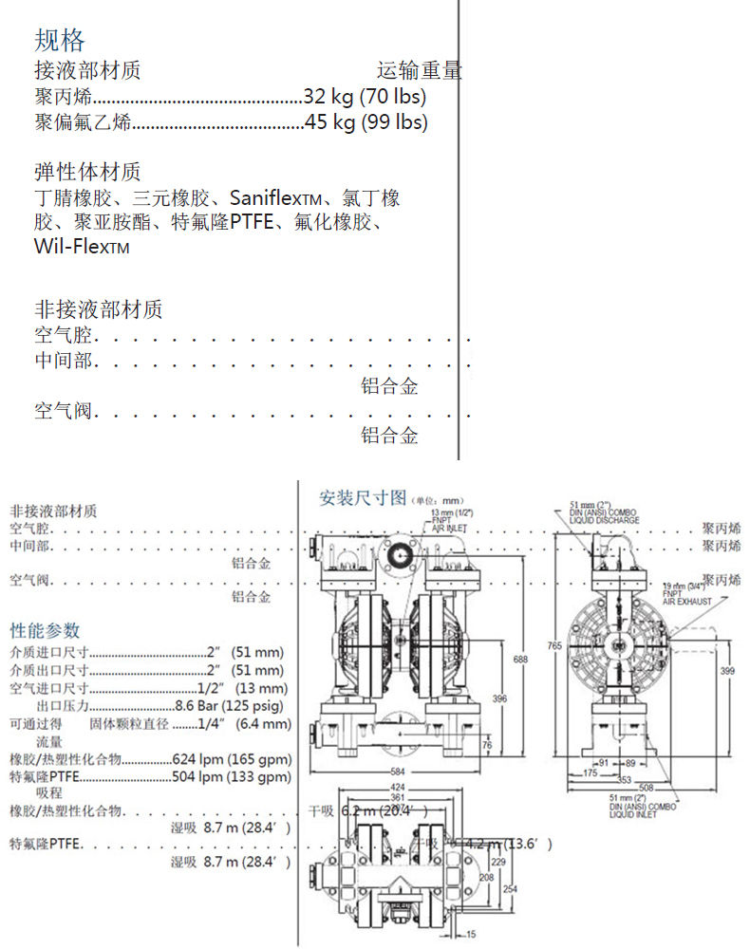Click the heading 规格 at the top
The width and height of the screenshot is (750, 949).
pos(60,40)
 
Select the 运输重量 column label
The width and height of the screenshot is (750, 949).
pos(419,70)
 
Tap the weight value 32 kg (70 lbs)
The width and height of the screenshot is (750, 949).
pos(365,96)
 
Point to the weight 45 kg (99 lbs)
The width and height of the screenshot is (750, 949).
pos(366,121)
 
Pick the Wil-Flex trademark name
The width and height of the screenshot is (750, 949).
pos(81,248)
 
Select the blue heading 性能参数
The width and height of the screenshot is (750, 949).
pos(46,630)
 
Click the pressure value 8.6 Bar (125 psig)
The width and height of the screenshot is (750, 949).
pos(232,706)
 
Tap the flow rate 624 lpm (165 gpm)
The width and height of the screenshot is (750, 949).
pos(233,759)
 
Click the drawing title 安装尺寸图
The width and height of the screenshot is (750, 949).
pos(363,498)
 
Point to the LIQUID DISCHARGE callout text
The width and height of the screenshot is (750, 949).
pos(611,520)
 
